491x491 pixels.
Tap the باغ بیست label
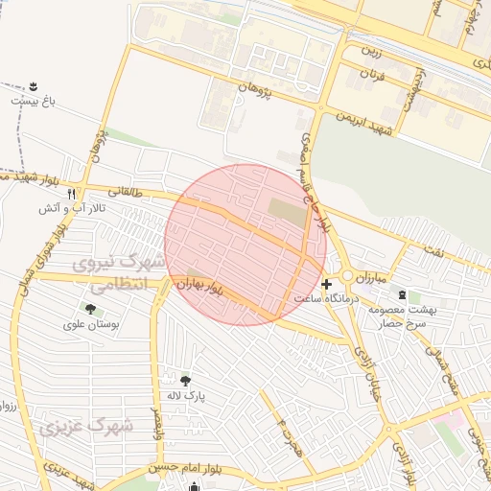[32, 99]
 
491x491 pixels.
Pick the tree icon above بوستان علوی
[91, 310]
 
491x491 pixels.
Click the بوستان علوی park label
[91, 325]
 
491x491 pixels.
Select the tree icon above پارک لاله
[184, 380]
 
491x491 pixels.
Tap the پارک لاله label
[183, 395]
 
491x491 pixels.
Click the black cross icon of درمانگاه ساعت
[327, 285]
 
